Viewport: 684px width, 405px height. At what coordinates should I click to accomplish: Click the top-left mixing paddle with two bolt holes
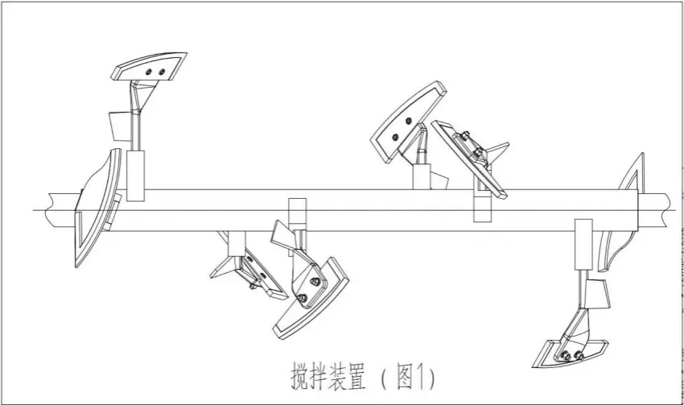coord(149,69)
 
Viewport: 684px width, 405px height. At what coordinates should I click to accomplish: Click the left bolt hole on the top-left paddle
coord(148,72)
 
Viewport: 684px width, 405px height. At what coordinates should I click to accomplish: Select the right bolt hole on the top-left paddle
coord(162,71)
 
